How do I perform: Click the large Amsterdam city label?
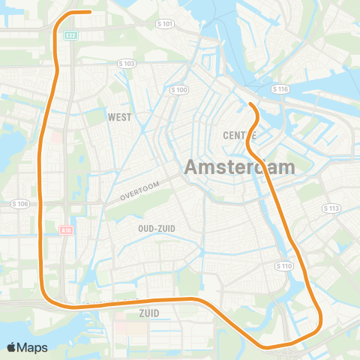click(x=239, y=167)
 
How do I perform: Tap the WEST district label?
click(x=119, y=117)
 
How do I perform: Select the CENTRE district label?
click(x=241, y=135)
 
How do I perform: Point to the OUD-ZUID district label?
click(x=157, y=228)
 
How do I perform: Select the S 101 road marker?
click(x=166, y=24)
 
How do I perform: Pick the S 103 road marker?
click(x=128, y=64)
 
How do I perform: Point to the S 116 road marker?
click(x=280, y=89)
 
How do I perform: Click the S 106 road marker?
click(x=20, y=204)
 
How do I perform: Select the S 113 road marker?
click(x=331, y=208)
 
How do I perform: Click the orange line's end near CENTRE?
click(x=249, y=103)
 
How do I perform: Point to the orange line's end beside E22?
click(x=89, y=12)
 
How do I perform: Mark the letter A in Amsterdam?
click(x=192, y=167)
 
